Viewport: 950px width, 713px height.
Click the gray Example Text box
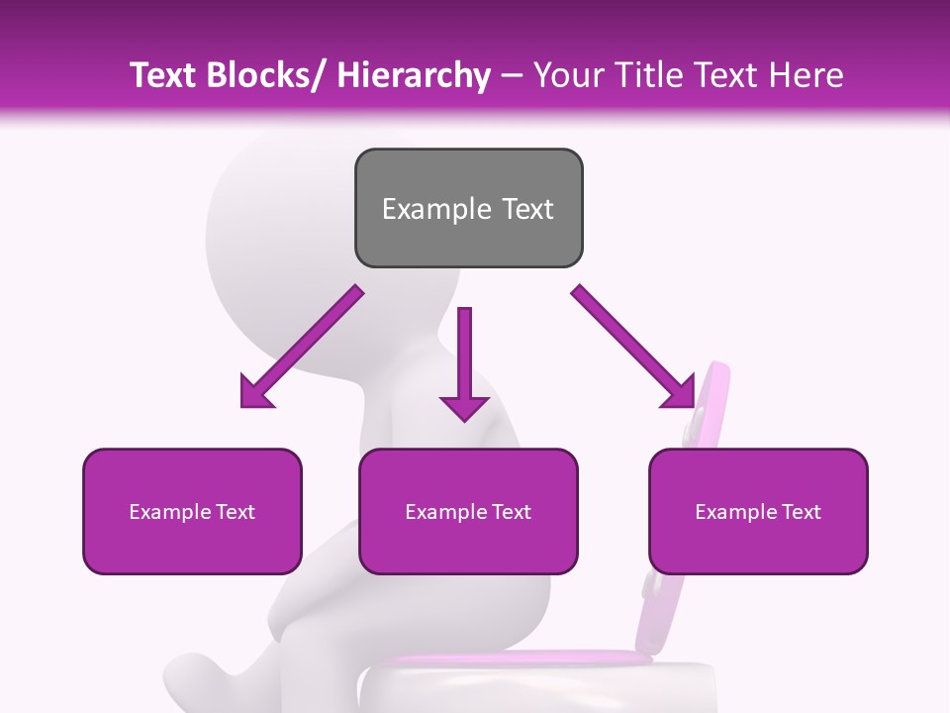[x=468, y=208]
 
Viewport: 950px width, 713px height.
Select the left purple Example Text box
[x=192, y=511]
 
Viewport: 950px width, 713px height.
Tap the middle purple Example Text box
[x=468, y=511]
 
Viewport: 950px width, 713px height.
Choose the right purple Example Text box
[x=758, y=511]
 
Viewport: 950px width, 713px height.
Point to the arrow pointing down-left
[x=302, y=347]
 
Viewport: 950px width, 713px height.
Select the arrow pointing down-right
[x=633, y=347]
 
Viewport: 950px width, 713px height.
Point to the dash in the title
[x=512, y=75]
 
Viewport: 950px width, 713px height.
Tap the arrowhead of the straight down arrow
[x=464, y=406]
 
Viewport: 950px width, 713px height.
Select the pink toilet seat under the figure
[x=515, y=658]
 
